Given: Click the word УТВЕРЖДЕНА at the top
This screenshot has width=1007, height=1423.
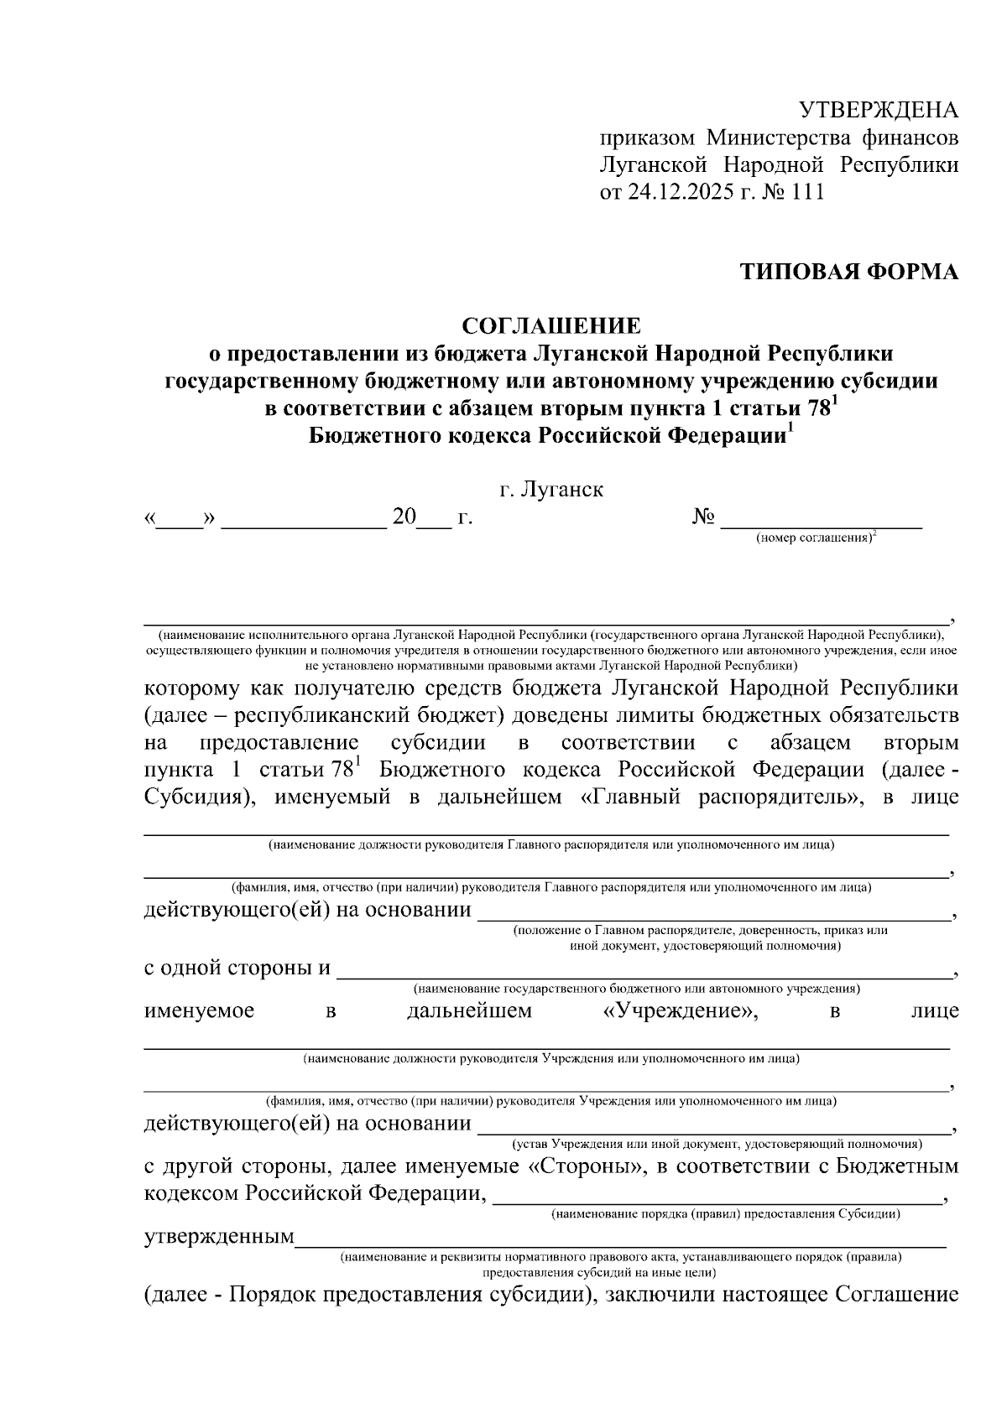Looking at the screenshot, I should pyautogui.click(x=878, y=111).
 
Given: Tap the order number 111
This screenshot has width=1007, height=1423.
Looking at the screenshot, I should pyautogui.click(x=808, y=192).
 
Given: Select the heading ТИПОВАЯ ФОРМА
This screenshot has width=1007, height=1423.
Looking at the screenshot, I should pyautogui.click(x=848, y=272).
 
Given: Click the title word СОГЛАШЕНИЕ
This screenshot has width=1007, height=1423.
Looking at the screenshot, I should pyautogui.click(x=551, y=325).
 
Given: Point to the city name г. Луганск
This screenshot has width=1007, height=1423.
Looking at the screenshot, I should pyautogui.click(x=551, y=489).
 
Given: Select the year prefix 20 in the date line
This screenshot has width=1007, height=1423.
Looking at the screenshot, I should pyautogui.click(x=404, y=518).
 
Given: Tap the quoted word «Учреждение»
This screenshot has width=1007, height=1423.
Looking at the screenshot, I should pyautogui.click(x=681, y=1010).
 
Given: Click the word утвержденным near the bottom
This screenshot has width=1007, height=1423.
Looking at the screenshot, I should pyautogui.click(x=219, y=1237).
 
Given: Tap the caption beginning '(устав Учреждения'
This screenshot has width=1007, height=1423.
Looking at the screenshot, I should pyautogui.click(x=717, y=1143).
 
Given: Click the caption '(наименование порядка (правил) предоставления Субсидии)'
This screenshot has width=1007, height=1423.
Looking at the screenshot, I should pyautogui.click(x=725, y=1213).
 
